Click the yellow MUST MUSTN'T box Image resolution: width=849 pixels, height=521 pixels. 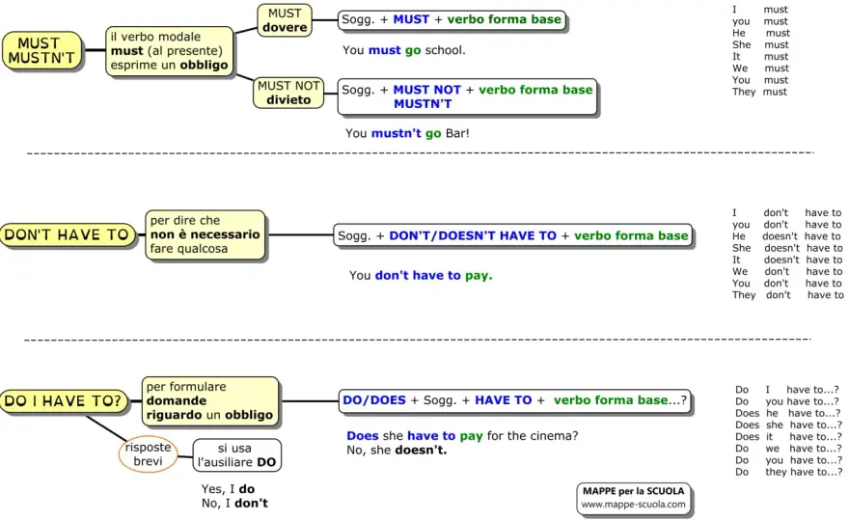point(42,50)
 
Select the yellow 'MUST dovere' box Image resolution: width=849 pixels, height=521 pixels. point(285,20)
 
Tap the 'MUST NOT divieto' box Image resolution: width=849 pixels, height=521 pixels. point(288,93)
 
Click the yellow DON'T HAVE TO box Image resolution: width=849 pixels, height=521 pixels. point(68,235)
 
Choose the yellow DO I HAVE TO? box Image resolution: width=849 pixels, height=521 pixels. point(64,401)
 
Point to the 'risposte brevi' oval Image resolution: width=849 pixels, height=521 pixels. point(148,454)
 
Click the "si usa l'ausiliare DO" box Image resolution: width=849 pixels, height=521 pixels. point(236,455)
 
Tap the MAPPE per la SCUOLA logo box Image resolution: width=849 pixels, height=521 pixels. point(634,498)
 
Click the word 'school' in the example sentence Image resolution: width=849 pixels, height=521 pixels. point(444,50)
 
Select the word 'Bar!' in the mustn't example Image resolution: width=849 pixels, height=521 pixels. point(457,133)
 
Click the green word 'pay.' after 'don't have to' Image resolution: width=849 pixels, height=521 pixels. point(479,276)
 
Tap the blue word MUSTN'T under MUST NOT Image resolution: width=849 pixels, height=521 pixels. point(423,104)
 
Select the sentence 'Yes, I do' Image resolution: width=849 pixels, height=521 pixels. point(228,489)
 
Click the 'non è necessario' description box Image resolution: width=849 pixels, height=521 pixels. point(205,235)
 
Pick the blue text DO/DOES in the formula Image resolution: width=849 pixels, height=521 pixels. point(374,400)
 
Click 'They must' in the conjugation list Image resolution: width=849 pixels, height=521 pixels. point(759,92)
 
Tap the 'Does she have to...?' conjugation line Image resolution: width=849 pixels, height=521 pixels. point(788,425)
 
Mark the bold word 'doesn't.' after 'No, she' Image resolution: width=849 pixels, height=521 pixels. point(421,450)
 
